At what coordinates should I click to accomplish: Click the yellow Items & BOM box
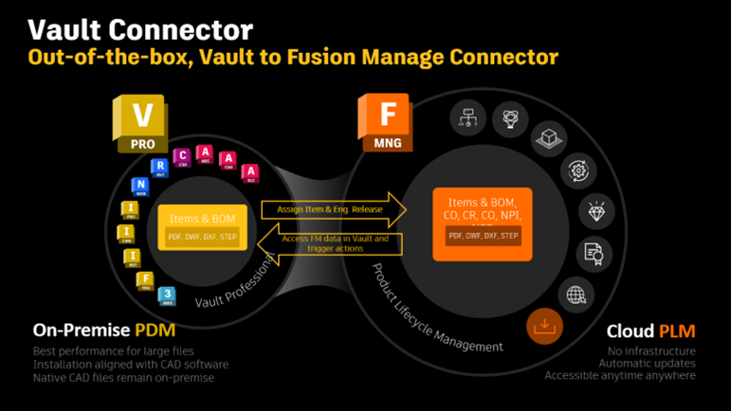pos(203,227)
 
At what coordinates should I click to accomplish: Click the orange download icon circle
pos(544,327)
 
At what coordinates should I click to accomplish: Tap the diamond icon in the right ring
pos(595,210)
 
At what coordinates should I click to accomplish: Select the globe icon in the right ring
pos(576,295)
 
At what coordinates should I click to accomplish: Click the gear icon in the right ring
pos(578,170)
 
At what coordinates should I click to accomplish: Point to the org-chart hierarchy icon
pos(467,117)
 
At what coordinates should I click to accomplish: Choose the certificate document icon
pos(594,253)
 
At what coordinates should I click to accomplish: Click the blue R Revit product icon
pos(159,169)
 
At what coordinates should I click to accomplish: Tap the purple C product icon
pos(183,157)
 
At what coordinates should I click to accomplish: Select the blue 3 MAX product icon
pos(167,295)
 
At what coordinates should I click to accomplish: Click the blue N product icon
pos(140,186)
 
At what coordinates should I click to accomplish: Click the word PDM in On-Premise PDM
pos(154,331)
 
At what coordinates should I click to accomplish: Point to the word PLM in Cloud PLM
pos(678,331)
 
